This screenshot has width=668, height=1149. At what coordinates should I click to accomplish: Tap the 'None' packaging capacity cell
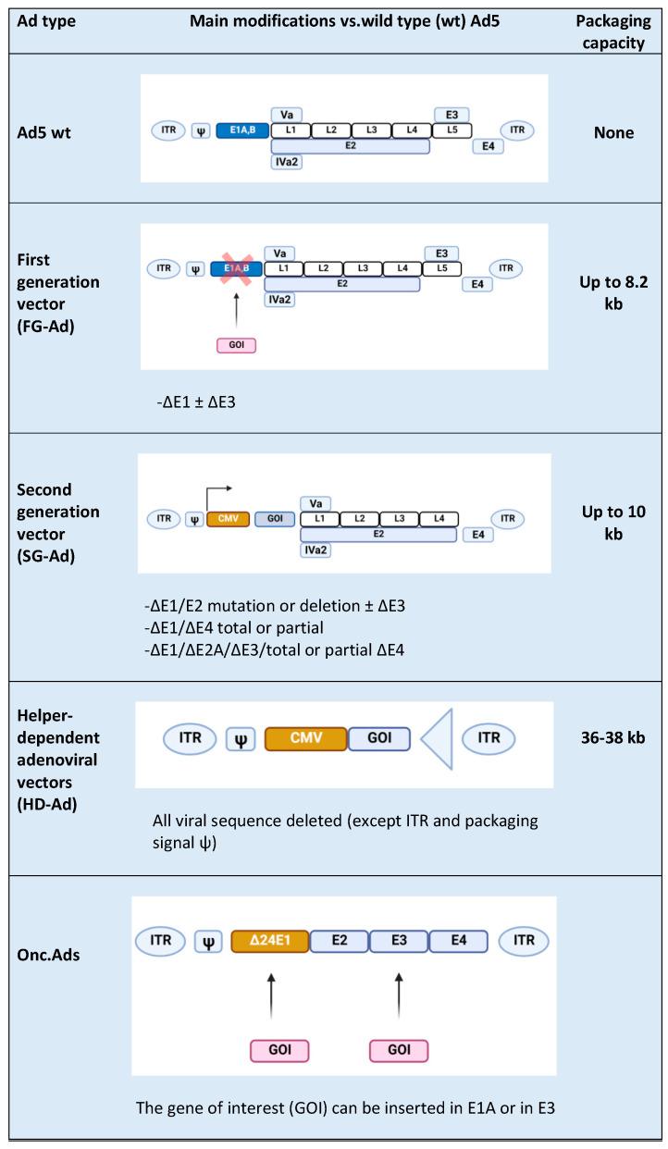(x=613, y=132)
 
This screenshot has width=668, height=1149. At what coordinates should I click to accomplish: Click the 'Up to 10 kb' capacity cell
(x=613, y=524)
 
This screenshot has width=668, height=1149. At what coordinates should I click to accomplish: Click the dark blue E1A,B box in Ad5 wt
(x=241, y=130)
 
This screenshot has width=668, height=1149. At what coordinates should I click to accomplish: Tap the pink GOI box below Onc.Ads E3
(x=399, y=1051)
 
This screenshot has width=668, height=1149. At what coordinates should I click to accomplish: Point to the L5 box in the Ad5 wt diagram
(x=452, y=130)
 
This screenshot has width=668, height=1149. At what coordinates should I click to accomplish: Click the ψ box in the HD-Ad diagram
(x=240, y=739)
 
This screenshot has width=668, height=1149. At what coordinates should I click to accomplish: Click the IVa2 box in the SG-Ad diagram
(x=315, y=550)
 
